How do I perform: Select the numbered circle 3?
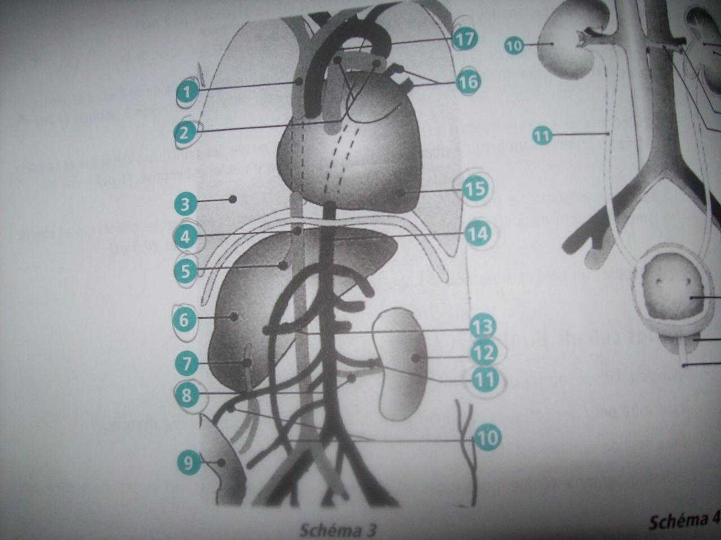pos(185,204)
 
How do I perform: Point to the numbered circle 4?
pos(186,237)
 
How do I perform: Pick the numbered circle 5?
pos(186,272)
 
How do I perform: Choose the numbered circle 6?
pos(184,320)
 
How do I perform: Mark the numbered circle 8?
pos(186,395)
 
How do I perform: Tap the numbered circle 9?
pos(189,463)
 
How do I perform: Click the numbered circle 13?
pos(482,326)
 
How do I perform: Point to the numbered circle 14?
pos(477,233)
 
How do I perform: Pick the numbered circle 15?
pos(475,188)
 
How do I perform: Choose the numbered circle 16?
pos(468,82)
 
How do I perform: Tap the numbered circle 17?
pos(465,39)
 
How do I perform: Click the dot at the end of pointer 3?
pos(232,199)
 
